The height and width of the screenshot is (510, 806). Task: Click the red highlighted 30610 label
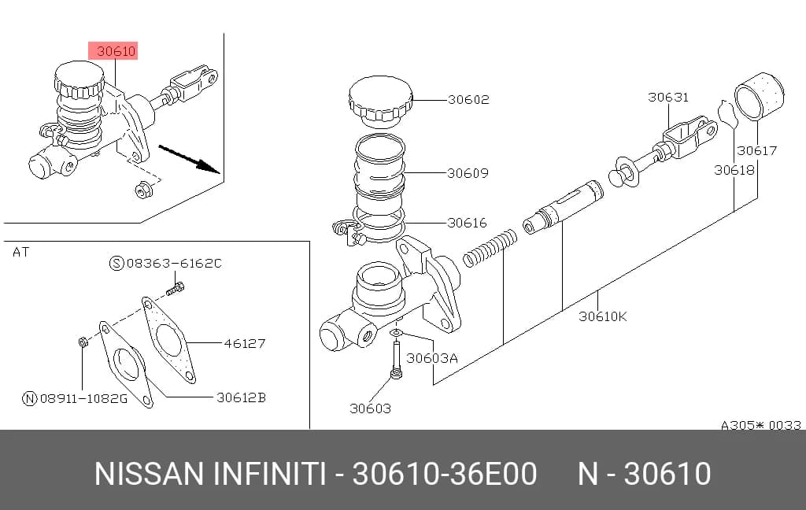pos(113,51)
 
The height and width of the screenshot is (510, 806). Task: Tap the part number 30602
pos(468,99)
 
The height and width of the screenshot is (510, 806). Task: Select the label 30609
pos(468,172)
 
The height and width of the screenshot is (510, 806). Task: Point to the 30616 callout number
pos(467,223)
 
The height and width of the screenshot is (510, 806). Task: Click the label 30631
pos(667,97)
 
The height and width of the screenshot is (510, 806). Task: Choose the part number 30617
pos(756,150)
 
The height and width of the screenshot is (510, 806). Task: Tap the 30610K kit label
pos(603,316)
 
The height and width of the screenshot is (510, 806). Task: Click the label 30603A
pos(432,358)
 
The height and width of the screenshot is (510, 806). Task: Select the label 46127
pos(245,343)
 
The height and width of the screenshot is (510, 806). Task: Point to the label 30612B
pos(241,397)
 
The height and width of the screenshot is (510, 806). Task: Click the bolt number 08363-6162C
pos(174,263)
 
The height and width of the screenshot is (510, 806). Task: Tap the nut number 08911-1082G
pos(83,398)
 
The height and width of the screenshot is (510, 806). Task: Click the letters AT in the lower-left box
pos(21,252)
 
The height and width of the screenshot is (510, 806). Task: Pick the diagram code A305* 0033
pos(761,425)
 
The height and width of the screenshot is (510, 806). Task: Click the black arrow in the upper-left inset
pos(190,159)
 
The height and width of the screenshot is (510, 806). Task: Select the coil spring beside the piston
pos(490,248)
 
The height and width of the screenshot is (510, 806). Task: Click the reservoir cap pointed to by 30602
pos(381,102)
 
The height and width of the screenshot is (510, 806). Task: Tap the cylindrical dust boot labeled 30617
pos(760,97)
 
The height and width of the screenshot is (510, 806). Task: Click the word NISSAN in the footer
pos(149,474)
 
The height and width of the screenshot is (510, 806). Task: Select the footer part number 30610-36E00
pos(445,474)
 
